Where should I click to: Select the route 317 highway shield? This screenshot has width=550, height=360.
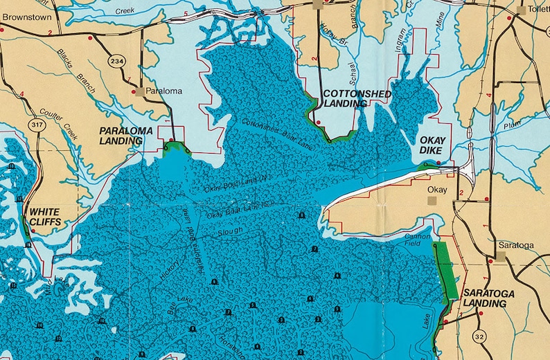(x=37, y=125)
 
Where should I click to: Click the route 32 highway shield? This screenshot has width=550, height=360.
(x=480, y=336)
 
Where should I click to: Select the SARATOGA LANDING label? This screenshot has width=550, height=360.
(x=489, y=298)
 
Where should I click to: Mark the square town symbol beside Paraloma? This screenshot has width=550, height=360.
(x=139, y=91)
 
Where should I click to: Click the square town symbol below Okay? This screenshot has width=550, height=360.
(x=432, y=200)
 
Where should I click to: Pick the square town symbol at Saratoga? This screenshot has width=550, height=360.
(x=499, y=256)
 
